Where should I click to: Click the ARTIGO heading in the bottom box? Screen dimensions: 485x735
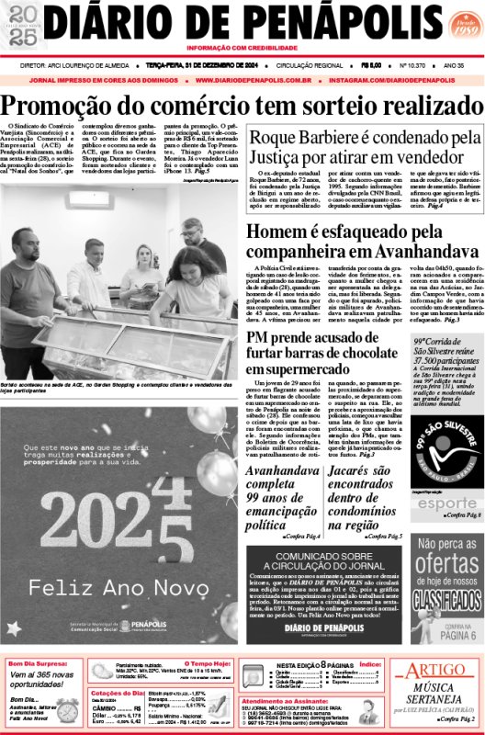coord(434,669)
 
